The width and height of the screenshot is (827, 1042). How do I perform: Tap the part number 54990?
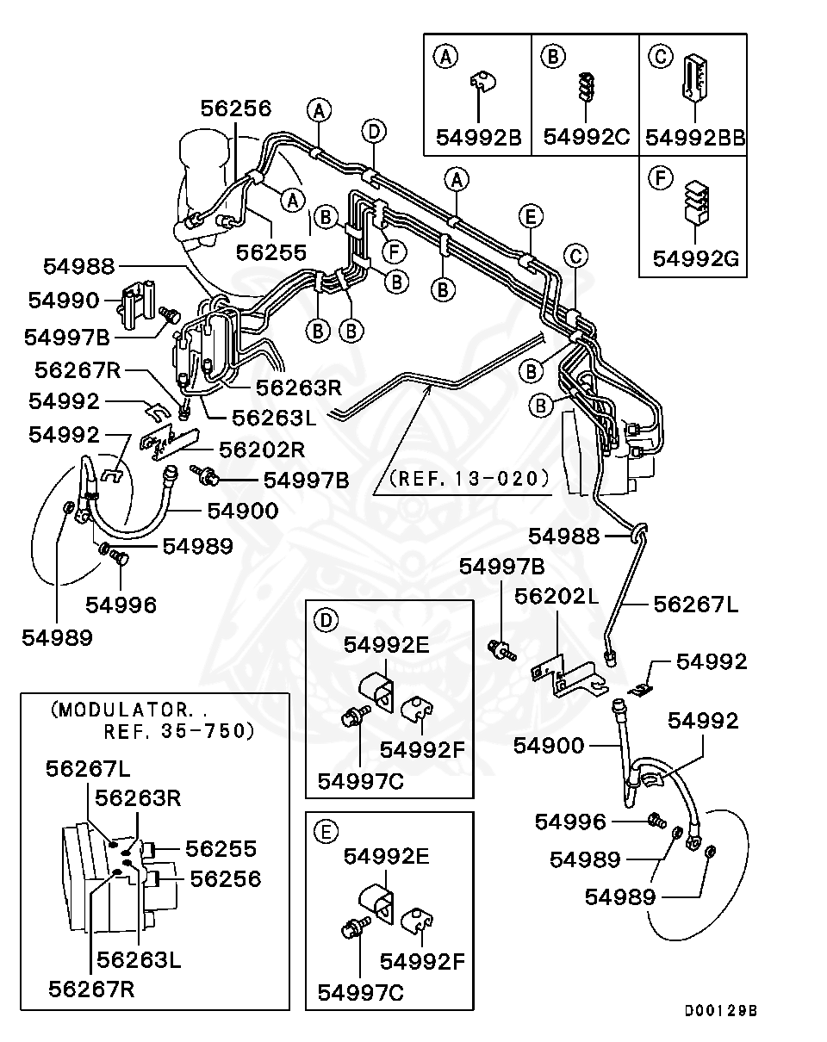coord(65,300)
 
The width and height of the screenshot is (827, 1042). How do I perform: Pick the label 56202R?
coord(262,450)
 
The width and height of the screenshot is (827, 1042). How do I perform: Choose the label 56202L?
coord(555,596)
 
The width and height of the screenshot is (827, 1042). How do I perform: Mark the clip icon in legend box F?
coord(693,203)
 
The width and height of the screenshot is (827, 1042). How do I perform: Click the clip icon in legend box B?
coord(586,85)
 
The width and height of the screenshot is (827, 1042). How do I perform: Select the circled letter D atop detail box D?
coord(324,618)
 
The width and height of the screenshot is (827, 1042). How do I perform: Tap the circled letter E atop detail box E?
coord(324,831)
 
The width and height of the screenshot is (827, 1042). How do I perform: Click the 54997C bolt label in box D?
coord(360,780)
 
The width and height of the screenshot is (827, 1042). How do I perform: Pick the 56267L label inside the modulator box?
coord(89,769)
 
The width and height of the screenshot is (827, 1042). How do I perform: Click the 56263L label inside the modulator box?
coord(139,958)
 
